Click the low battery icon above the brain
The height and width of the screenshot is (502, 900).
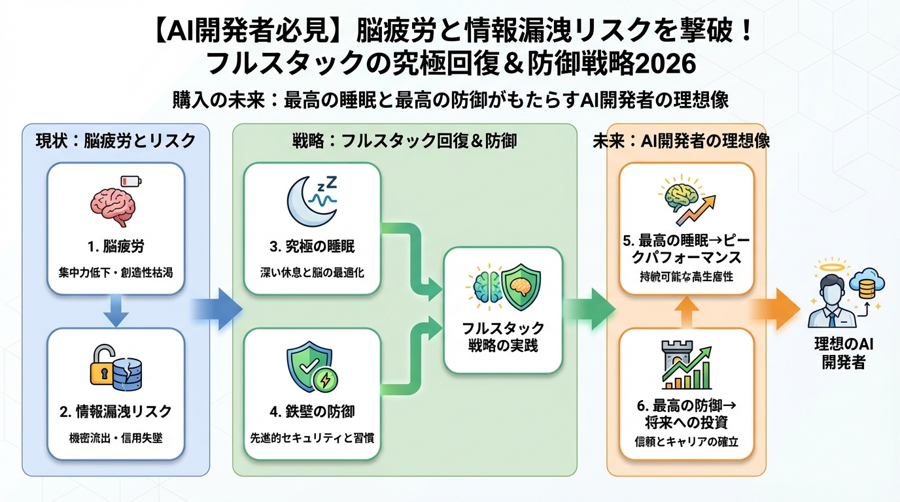point(131,181)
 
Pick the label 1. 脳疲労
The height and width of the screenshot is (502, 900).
point(116,247)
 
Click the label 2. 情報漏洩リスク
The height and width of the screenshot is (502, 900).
point(116,411)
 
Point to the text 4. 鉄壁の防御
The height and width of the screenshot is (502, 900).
point(312,411)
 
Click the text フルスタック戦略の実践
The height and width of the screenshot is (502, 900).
point(503,337)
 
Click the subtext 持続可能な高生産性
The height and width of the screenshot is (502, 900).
point(686,277)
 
